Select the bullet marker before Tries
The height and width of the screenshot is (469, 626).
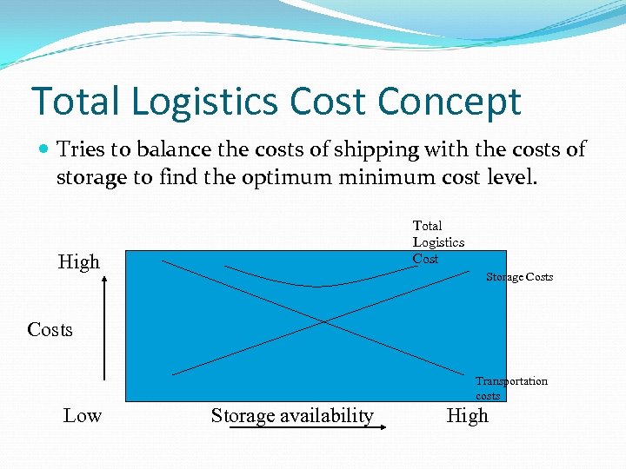tap(43, 150)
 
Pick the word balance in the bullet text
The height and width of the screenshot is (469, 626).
tap(171, 149)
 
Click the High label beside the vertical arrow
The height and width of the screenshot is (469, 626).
tap(79, 261)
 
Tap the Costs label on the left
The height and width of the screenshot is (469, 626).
tap(50, 330)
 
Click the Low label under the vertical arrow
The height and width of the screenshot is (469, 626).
tap(82, 415)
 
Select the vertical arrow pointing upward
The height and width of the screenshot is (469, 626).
tap(104, 328)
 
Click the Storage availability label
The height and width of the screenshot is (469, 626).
tap(292, 416)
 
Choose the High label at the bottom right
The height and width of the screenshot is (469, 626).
tap(467, 415)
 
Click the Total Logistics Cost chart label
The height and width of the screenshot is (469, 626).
tap(437, 241)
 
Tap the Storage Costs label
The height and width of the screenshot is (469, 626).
tap(519, 277)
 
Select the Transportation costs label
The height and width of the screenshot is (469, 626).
tap(511, 388)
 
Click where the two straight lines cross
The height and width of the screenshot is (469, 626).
tap(324, 321)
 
